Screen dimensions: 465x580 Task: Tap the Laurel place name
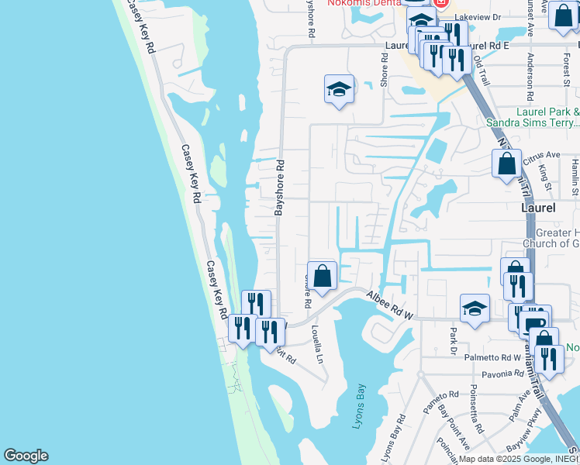[x=537, y=208]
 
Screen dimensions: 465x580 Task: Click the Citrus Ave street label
[x=541, y=157]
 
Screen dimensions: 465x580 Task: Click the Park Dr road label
[x=454, y=341]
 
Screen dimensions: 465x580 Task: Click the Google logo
[x=26, y=456]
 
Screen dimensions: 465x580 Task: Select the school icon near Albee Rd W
[x=475, y=308]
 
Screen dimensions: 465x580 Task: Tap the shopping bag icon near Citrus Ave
[x=506, y=164]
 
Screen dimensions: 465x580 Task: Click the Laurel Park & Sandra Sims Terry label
[x=532, y=117]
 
